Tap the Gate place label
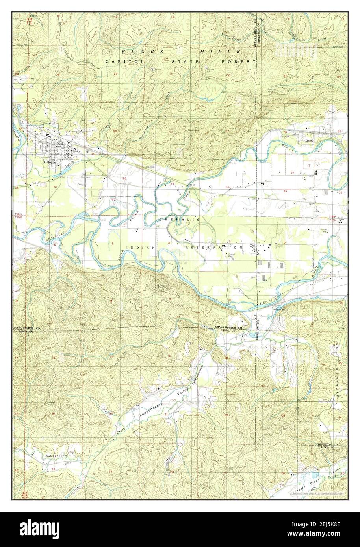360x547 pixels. (x=309, y=139)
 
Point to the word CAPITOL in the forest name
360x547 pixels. (x=120, y=61)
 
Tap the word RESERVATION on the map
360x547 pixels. (x=214, y=248)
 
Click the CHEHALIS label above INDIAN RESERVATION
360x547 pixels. (x=179, y=219)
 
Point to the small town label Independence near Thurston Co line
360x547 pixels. (x=280, y=310)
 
